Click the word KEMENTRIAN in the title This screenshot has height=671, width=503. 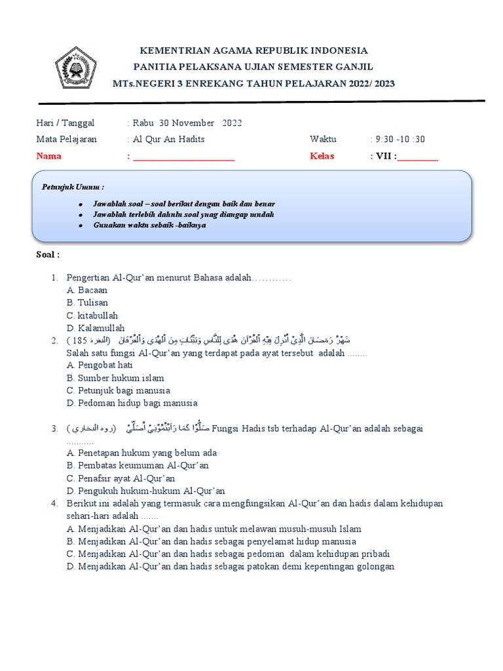tap(172, 50)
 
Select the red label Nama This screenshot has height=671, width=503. tap(49, 156)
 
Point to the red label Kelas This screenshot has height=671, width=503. tap(322, 156)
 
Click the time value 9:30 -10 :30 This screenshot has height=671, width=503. tap(400, 139)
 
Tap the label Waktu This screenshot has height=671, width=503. tap(323, 139)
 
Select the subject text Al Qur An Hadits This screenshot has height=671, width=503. tap(168, 139)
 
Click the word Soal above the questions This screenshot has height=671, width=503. tap(48, 254)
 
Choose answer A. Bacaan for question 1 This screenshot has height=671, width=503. tap(87, 290)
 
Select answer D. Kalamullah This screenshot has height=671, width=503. tap(96, 328)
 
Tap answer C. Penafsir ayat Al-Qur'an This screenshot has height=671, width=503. tap(121, 478)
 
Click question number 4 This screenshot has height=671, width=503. tap(54, 503)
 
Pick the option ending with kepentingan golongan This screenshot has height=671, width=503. tap(231, 566)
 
